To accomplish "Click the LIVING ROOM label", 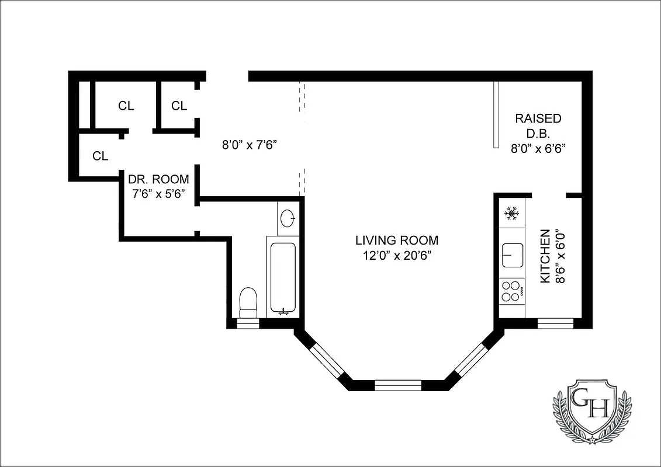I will click(x=396, y=240).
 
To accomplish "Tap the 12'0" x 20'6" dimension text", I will click(x=396, y=255).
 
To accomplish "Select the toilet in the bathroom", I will click(x=249, y=301).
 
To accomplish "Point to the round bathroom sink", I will click(x=288, y=218).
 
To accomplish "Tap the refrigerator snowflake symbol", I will click(x=512, y=214).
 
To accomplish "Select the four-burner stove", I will click(x=512, y=291).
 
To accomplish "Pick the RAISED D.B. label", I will click(x=538, y=126).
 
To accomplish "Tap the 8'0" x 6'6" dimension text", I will click(x=538, y=149).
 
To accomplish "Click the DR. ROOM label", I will click(x=159, y=179).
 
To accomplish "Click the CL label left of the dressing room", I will click(x=101, y=156).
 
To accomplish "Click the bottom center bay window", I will click(x=397, y=385).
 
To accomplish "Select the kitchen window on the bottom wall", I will click(x=555, y=322).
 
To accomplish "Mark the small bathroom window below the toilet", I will click(x=247, y=324).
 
